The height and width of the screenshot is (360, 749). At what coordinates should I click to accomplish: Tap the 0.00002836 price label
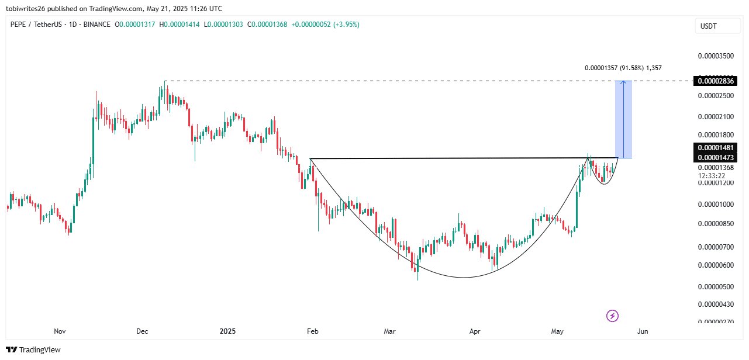(714, 81)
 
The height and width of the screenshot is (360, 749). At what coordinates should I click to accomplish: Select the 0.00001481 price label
(714, 148)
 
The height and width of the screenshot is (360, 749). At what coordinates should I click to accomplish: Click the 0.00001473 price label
(714, 157)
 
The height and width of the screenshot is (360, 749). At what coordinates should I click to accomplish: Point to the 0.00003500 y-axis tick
(716, 56)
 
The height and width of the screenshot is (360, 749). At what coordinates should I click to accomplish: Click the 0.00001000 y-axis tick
(716, 205)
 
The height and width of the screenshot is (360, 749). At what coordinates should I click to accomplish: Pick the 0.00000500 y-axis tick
(716, 286)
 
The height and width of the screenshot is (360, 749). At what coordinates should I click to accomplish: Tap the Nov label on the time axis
(60, 331)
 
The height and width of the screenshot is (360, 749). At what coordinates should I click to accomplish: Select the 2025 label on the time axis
(227, 331)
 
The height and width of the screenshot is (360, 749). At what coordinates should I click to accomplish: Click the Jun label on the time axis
(643, 331)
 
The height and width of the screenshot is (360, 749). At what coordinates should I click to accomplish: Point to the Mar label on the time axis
(389, 331)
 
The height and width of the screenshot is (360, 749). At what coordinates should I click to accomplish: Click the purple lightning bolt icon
(612, 316)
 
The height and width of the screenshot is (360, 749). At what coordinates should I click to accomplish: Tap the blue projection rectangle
(624, 119)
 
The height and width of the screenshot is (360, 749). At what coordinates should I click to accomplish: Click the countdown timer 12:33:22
(712, 175)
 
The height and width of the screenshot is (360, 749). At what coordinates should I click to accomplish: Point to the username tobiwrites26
(29, 9)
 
